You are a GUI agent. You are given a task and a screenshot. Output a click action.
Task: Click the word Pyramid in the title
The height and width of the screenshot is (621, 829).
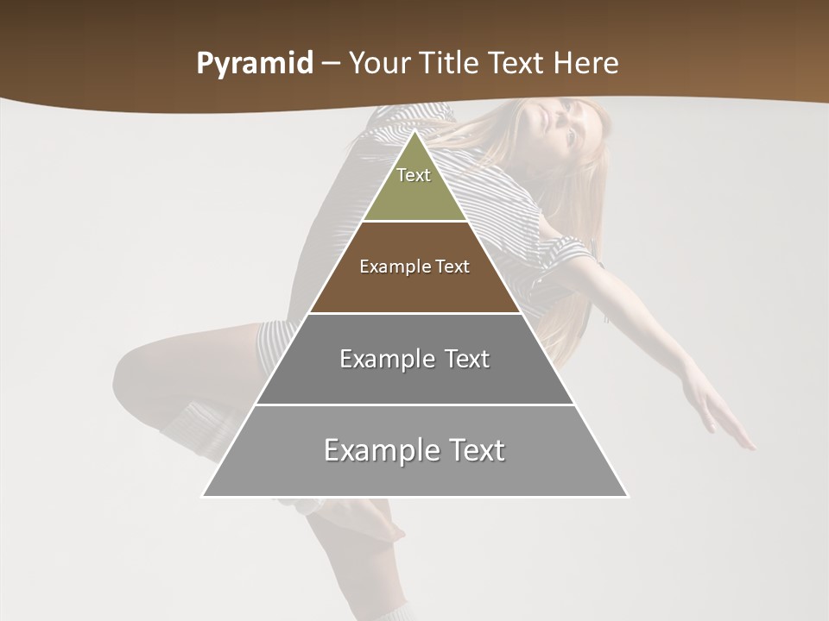pos(255,64)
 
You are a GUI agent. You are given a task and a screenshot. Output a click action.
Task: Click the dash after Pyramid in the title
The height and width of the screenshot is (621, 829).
pos(332,64)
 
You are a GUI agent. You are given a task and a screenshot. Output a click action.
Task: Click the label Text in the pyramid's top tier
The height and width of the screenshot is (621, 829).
pos(414,175)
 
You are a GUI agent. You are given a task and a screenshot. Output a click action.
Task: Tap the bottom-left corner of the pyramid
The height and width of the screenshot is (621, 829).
pos(203,496)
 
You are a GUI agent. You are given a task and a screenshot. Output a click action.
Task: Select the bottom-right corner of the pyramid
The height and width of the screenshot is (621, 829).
pos(628,496)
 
